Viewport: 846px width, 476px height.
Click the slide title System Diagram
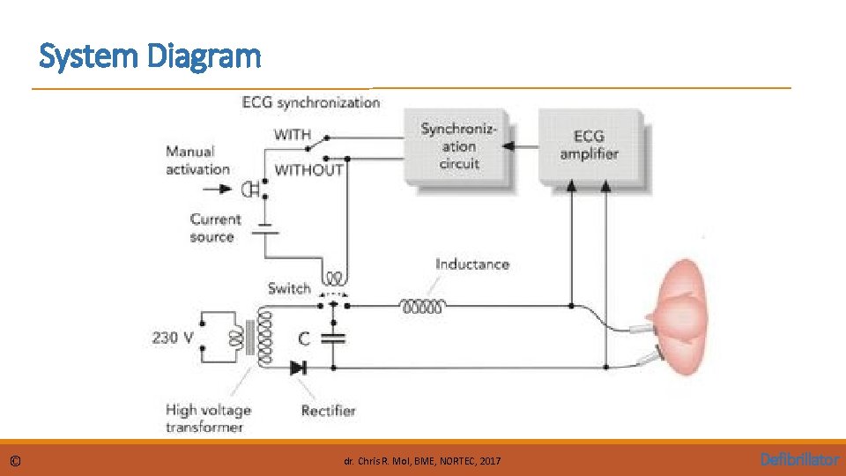(151, 57)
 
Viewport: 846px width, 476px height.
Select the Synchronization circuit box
(458, 146)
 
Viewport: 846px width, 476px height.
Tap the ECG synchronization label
(310, 103)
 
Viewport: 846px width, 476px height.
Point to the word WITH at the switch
(293, 135)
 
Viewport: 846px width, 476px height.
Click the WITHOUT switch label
(308, 170)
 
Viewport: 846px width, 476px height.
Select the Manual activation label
(197, 160)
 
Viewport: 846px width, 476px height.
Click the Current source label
(214, 227)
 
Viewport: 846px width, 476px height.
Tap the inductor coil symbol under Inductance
(424, 307)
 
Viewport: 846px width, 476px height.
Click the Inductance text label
(471, 264)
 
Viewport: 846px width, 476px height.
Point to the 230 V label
(173, 337)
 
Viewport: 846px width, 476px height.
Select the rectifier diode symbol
(299, 368)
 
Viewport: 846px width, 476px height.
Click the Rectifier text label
(328, 410)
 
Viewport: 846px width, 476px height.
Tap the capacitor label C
(303, 337)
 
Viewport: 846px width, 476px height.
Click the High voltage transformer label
(208, 418)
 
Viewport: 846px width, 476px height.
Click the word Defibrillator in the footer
(799, 459)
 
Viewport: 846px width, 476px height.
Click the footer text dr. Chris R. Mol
(422, 461)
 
